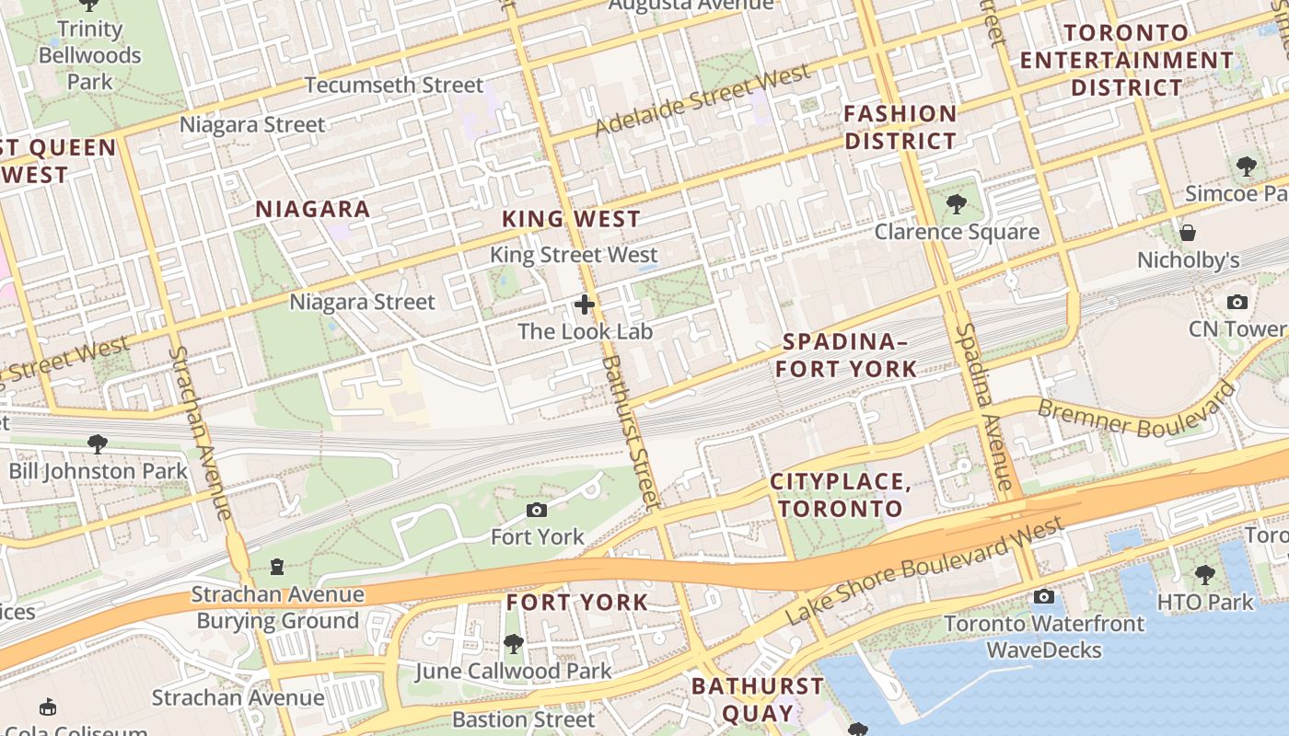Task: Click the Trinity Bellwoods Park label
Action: (89, 55)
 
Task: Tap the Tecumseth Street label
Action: (393, 86)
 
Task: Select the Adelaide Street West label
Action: (703, 99)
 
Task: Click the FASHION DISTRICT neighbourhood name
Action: (900, 128)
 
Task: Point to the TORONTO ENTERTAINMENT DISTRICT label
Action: (1126, 61)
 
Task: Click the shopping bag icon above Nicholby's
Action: (1188, 233)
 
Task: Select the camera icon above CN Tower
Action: (1237, 302)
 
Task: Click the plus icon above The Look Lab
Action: (585, 305)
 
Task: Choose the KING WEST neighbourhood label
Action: (571, 219)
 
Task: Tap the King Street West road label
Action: (574, 255)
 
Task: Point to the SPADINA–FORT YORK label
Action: (845, 356)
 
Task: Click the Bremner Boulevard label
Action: (1135, 412)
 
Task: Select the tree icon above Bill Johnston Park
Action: (97, 444)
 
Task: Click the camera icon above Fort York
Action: (537, 510)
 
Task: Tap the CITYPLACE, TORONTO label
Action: (841, 495)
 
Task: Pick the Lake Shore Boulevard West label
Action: (925, 571)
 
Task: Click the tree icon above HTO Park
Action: (1204, 576)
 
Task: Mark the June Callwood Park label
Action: (513, 671)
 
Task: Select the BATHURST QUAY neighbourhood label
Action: (757, 699)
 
